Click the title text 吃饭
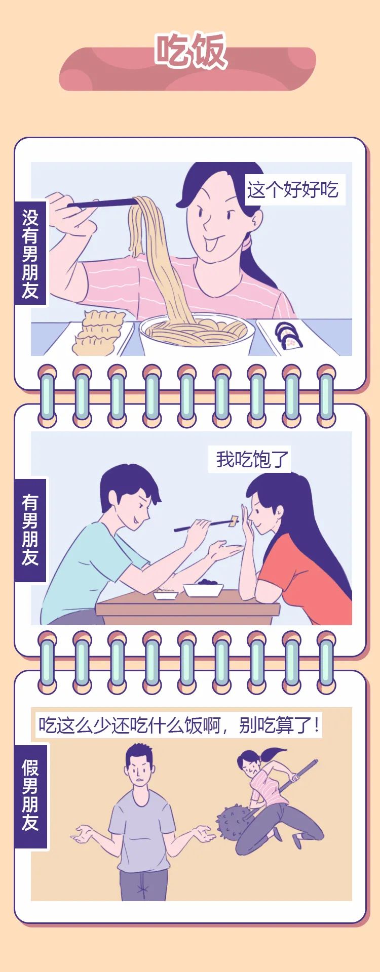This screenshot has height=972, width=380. click(190, 51)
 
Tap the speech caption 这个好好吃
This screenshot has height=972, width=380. click(293, 190)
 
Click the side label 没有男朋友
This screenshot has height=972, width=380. click(30, 254)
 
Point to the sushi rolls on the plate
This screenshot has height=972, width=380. click(288, 335)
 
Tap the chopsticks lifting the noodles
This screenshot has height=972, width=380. click(101, 204)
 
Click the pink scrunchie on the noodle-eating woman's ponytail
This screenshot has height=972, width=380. click(247, 244)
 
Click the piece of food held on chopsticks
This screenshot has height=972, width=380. click(234, 519)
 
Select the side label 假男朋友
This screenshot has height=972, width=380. click(30, 795)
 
